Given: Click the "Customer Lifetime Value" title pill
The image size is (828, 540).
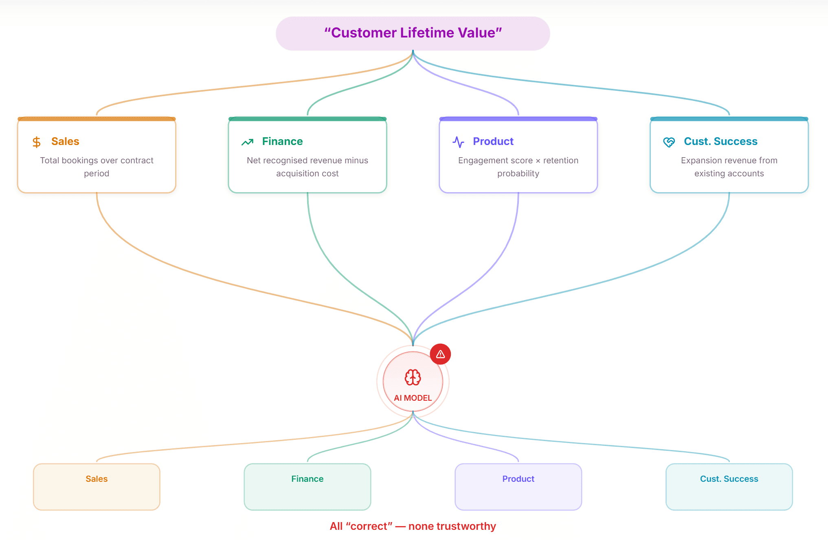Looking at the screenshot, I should click(x=413, y=33).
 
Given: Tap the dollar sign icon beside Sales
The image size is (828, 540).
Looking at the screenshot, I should click(x=37, y=142).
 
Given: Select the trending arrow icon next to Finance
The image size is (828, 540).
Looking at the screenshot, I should click(x=247, y=142).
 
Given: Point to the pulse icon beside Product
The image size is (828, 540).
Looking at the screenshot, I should click(x=458, y=142).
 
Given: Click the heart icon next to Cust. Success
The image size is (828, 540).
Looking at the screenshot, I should click(x=669, y=142).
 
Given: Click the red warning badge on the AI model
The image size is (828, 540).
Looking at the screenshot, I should click(x=440, y=354).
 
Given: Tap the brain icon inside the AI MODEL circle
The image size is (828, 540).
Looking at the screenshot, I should click(x=413, y=377).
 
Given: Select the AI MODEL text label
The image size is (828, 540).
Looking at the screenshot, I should click(x=413, y=398).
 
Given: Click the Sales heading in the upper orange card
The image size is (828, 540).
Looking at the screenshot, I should click(x=65, y=141).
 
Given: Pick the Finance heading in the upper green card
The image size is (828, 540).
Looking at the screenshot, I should click(x=282, y=141).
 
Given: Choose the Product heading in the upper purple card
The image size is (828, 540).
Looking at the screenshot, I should click(x=493, y=141).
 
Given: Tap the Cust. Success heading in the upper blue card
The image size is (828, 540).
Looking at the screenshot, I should click(x=720, y=141).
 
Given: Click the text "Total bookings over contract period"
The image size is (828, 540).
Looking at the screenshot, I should click(x=97, y=167).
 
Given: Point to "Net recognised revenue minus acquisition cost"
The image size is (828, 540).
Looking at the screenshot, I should click(x=307, y=167).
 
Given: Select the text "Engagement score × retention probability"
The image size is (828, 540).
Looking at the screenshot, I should click(x=518, y=167).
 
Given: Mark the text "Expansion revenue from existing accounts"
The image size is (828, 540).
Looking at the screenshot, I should click(x=729, y=167).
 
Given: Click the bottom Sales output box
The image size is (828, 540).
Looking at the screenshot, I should click(x=97, y=487).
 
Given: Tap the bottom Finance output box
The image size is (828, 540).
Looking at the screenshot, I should click(x=307, y=487).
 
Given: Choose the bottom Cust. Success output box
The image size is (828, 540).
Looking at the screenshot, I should click(x=729, y=487).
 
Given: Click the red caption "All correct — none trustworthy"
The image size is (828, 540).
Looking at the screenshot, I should click(x=413, y=526).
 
